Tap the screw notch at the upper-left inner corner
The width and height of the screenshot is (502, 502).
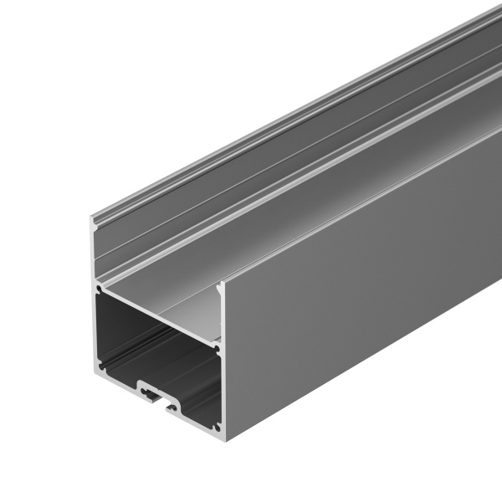[x=100, y=289]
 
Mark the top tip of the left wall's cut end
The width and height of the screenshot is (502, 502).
[x=93, y=218]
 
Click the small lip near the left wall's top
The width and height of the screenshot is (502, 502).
[x=99, y=226]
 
